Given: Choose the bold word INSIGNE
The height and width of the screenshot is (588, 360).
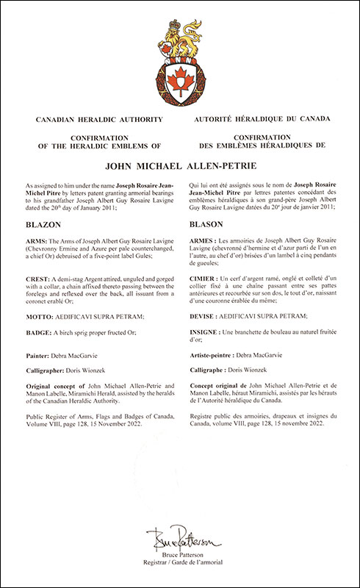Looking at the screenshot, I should click(x=206, y=333).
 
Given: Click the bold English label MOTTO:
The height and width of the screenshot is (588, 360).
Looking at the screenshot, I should click(x=41, y=316).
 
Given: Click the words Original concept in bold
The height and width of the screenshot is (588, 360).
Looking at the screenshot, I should click(x=52, y=386).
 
